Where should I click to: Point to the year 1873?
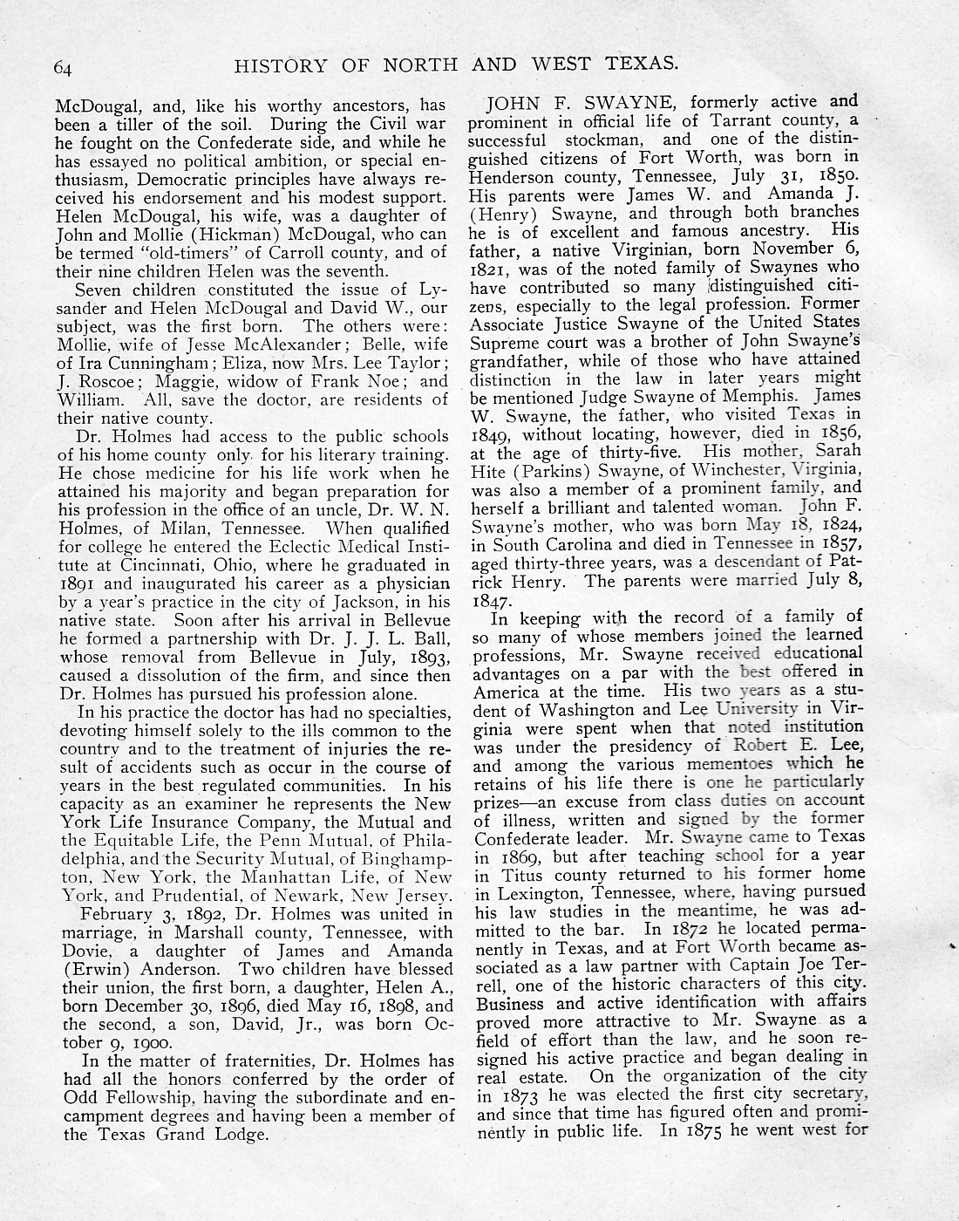[x=520, y=1095]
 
